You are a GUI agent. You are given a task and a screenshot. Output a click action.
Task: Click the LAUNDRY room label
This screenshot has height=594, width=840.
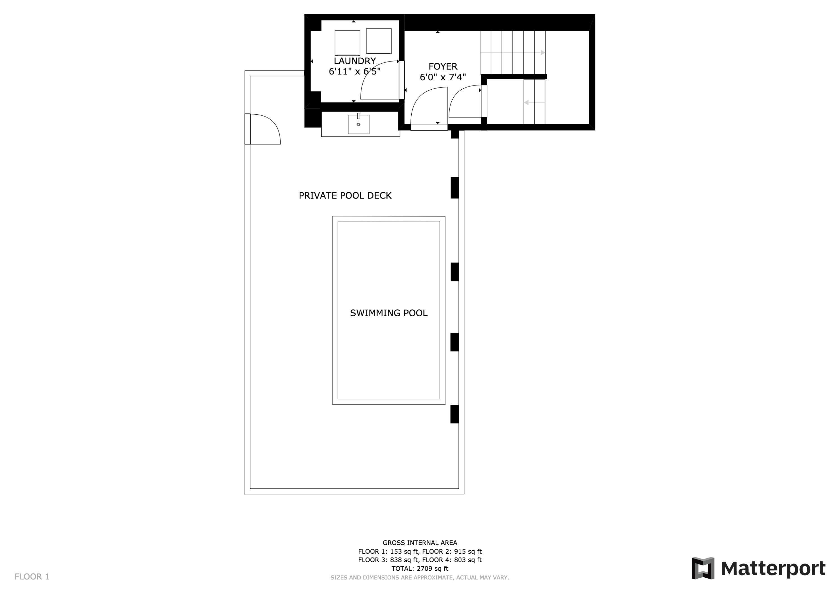[354, 61]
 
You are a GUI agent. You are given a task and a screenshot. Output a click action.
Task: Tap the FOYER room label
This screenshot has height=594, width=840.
[443, 67]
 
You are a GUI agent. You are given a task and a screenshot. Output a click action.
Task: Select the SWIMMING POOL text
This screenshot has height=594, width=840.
[389, 313]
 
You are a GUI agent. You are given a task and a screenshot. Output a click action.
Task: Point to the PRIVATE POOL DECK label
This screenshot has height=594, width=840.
[345, 195]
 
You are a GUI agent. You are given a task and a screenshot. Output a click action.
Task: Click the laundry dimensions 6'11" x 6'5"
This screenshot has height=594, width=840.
[354, 71]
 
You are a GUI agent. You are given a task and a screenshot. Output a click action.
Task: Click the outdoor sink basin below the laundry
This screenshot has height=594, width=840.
[358, 124]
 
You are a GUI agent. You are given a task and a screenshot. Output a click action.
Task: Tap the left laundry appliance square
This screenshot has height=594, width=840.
[347, 43]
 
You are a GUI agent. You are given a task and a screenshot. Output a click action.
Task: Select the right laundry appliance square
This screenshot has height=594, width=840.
[379, 41]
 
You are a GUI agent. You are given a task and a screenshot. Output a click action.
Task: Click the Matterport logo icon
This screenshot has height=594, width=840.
[703, 569]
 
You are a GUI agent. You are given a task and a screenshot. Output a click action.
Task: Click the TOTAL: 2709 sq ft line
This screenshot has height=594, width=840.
[420, 569]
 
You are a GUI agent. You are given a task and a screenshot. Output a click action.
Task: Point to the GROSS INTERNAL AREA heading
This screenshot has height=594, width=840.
[420, 543]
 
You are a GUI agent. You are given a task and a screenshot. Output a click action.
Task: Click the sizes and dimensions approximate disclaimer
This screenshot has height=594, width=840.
[420, 577]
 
